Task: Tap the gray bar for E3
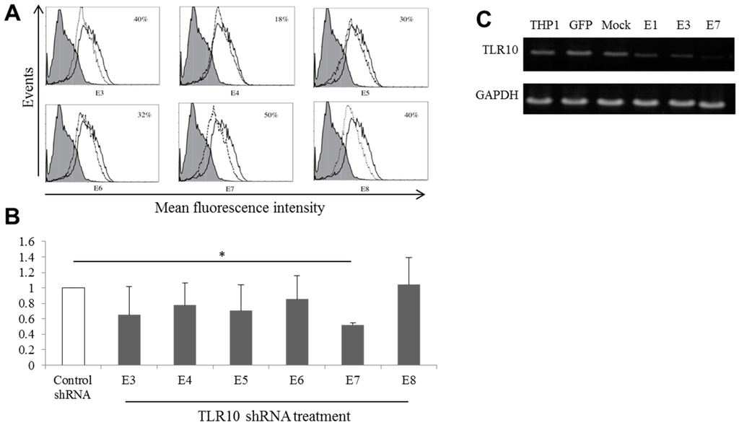[x=130, y=339]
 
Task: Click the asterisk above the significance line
[x=222, y=255]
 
